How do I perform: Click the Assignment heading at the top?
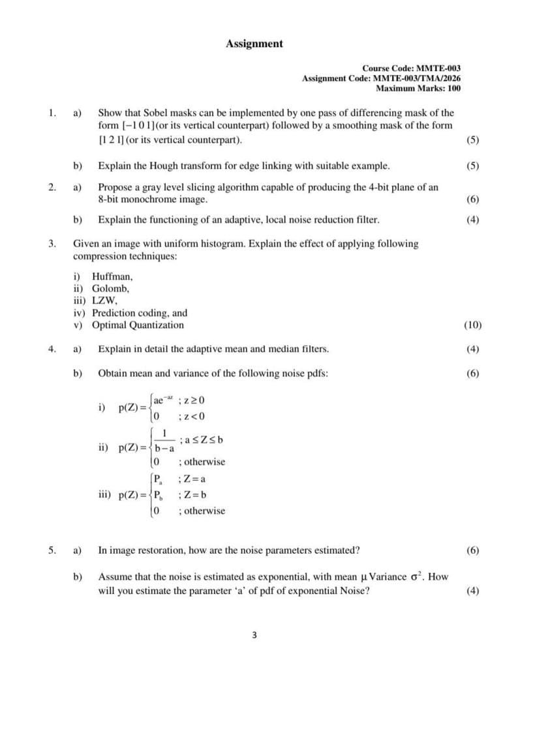254,44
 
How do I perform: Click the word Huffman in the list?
112,277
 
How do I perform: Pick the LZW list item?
104,301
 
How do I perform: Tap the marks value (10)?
472,325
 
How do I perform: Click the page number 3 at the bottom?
254,635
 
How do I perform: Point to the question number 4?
52,349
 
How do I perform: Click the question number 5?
52,550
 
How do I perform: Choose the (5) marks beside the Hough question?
473,166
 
